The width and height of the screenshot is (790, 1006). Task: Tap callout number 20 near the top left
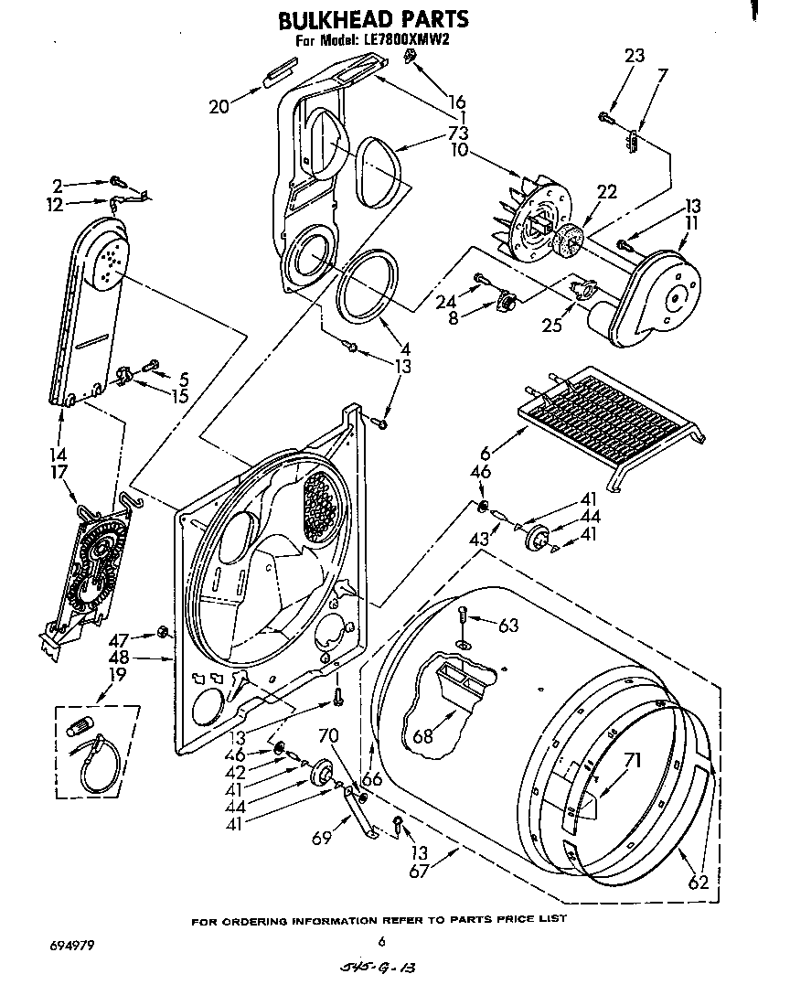[x=219, y=107]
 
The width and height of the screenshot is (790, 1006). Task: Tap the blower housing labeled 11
[x=658, y=293]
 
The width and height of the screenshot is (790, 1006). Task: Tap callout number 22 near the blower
[x=606, y=192]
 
